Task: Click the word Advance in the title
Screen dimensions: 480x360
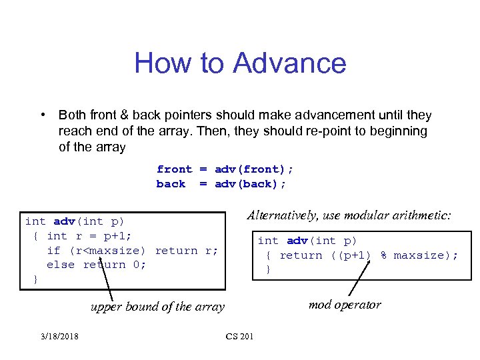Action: point(290,63)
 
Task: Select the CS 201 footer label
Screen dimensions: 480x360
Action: point(239,336)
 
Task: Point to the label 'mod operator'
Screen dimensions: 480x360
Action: point(345,305)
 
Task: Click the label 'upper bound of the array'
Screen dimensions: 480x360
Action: point(157,307)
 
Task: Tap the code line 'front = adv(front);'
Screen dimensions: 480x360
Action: point(225,169)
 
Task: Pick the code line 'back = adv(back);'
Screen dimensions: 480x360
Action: point(221,183)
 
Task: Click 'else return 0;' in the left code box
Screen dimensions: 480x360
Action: point(96,265)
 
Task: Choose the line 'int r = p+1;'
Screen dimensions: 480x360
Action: point(89,235)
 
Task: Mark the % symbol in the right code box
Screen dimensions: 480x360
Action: point(384,255)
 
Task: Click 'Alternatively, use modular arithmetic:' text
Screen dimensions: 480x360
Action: point(349,215)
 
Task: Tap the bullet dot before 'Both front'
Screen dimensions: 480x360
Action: point(42,115)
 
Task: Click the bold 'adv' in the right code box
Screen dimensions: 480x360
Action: point(297,241)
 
